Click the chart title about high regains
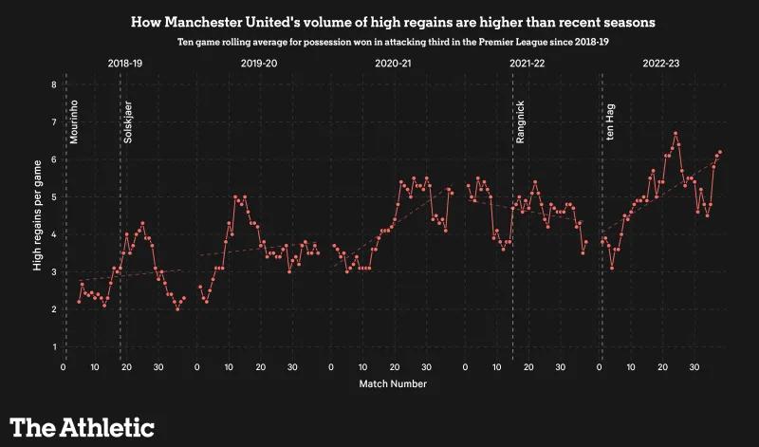(379, 21)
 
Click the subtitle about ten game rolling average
(379, 43)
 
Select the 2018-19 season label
(126, 64)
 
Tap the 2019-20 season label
(259, 64)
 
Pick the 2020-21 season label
(393, 64)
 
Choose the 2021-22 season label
(527, 64)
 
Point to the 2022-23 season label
(660, 64)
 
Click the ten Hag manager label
(610, 123)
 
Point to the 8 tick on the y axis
(54, 84)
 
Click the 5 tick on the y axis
(54, 197)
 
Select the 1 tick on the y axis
(54, 347)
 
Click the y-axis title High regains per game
(37, 216)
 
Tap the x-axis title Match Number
(393, 384)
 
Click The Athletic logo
(82, 426)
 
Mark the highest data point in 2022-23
(676, 134)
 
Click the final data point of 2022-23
(720, 152)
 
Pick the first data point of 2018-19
(80, 302)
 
